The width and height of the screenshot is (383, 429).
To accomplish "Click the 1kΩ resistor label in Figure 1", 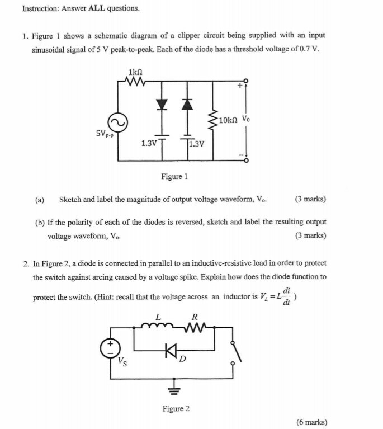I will pyautogui.click(x=136, y=73).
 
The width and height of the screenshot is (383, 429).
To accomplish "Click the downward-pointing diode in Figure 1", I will pyautogui.click(x=162, y=104).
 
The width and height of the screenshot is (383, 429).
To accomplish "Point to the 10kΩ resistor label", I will pyautogui.click(x=229, y=120).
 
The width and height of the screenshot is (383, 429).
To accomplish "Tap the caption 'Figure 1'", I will pyautogui.click(x=174, y=176).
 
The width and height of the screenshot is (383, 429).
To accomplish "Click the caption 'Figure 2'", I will pyautogui.click(x=176, y=409).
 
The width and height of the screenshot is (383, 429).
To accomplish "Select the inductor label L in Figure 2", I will pyautogui.click(x=158, y=317).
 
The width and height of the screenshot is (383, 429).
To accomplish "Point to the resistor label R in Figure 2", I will pyautogui.click(x=194, y=317).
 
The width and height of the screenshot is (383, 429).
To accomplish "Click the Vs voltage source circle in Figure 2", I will pyautogui.click(x=109, y=349).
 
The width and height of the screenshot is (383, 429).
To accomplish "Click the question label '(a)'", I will pyautogui.click(x=40, y=200).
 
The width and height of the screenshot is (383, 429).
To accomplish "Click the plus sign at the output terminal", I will pyautogui.click(x=239, y=87).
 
